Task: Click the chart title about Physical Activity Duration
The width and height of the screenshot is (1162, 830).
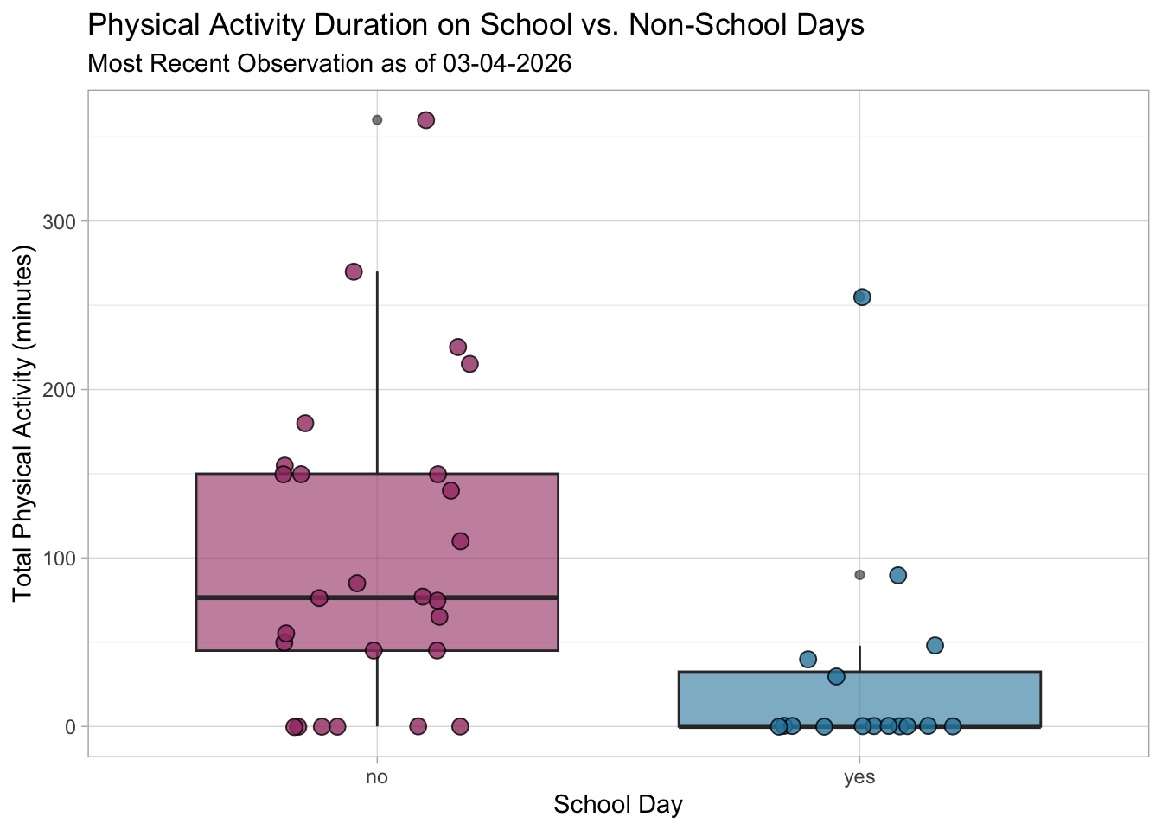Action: tap(476, 25)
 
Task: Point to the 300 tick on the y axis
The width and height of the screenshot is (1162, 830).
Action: tap(61, 221)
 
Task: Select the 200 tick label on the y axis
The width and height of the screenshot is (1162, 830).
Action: tap(61, 390)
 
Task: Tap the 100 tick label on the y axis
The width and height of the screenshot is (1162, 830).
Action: tap(61, 559)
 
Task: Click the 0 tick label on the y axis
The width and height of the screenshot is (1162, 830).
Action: tap(71, 727)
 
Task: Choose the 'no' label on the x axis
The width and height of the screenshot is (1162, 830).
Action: tap(377, 777)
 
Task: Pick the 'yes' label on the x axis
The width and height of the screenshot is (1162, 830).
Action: tap(859, 777)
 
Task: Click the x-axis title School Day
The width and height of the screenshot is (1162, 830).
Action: tap(618, 805)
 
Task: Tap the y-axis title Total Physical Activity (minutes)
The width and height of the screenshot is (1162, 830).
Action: tap(23, 424)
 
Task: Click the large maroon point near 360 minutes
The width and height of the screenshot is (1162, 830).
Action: tap(425, 120)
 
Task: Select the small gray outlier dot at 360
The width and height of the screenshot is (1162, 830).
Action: tap(377, 120)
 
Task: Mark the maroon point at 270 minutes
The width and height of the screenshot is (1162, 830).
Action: tap(354, 271)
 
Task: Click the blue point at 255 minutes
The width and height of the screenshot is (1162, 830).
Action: tap(862, 297)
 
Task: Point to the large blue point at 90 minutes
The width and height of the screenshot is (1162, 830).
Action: tap(898, 575)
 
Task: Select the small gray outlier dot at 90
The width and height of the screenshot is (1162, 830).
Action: tap(859, 575)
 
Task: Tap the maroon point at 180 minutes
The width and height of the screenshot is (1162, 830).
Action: tap(305, 423)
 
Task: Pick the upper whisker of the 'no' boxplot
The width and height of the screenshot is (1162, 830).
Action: tap(377, 372)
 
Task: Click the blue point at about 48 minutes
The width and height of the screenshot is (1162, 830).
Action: tap(935, 645)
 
